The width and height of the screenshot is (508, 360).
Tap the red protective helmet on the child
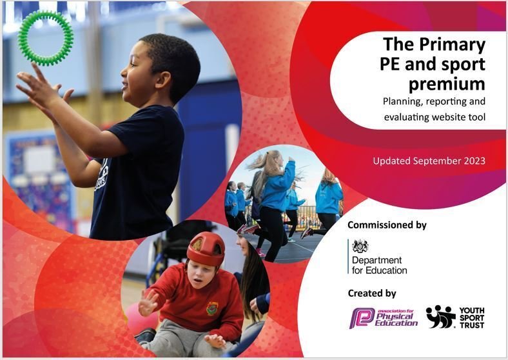pyautogui.click(x=206, y=249)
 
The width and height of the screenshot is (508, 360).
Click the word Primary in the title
pyautogui.click(x=453, y=45)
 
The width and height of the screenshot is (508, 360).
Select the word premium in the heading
pyautogui.click(x=447, y=84)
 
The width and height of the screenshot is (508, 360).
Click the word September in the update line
pyautogui.click(x=433, y=161)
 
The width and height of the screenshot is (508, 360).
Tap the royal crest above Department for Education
pyautogui.click(x=360, y=246)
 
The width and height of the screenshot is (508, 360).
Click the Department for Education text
pyautogui.click(x=379, y=265)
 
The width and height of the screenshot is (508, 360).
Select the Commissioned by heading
pyautogui.click(x=387, y=225)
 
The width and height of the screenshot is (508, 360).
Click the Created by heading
pyautogui.click(x=372, y=293)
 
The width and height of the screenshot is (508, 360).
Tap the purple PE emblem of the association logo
pyautogui.click(x=362, y=318)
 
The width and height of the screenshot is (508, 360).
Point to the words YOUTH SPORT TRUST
pyautogui.click(x=472, y=318)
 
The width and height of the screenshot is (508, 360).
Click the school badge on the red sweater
pyautogui.click(x=212, y=308)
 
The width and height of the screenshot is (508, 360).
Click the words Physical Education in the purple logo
pyautogui.click(x=396, y=319)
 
